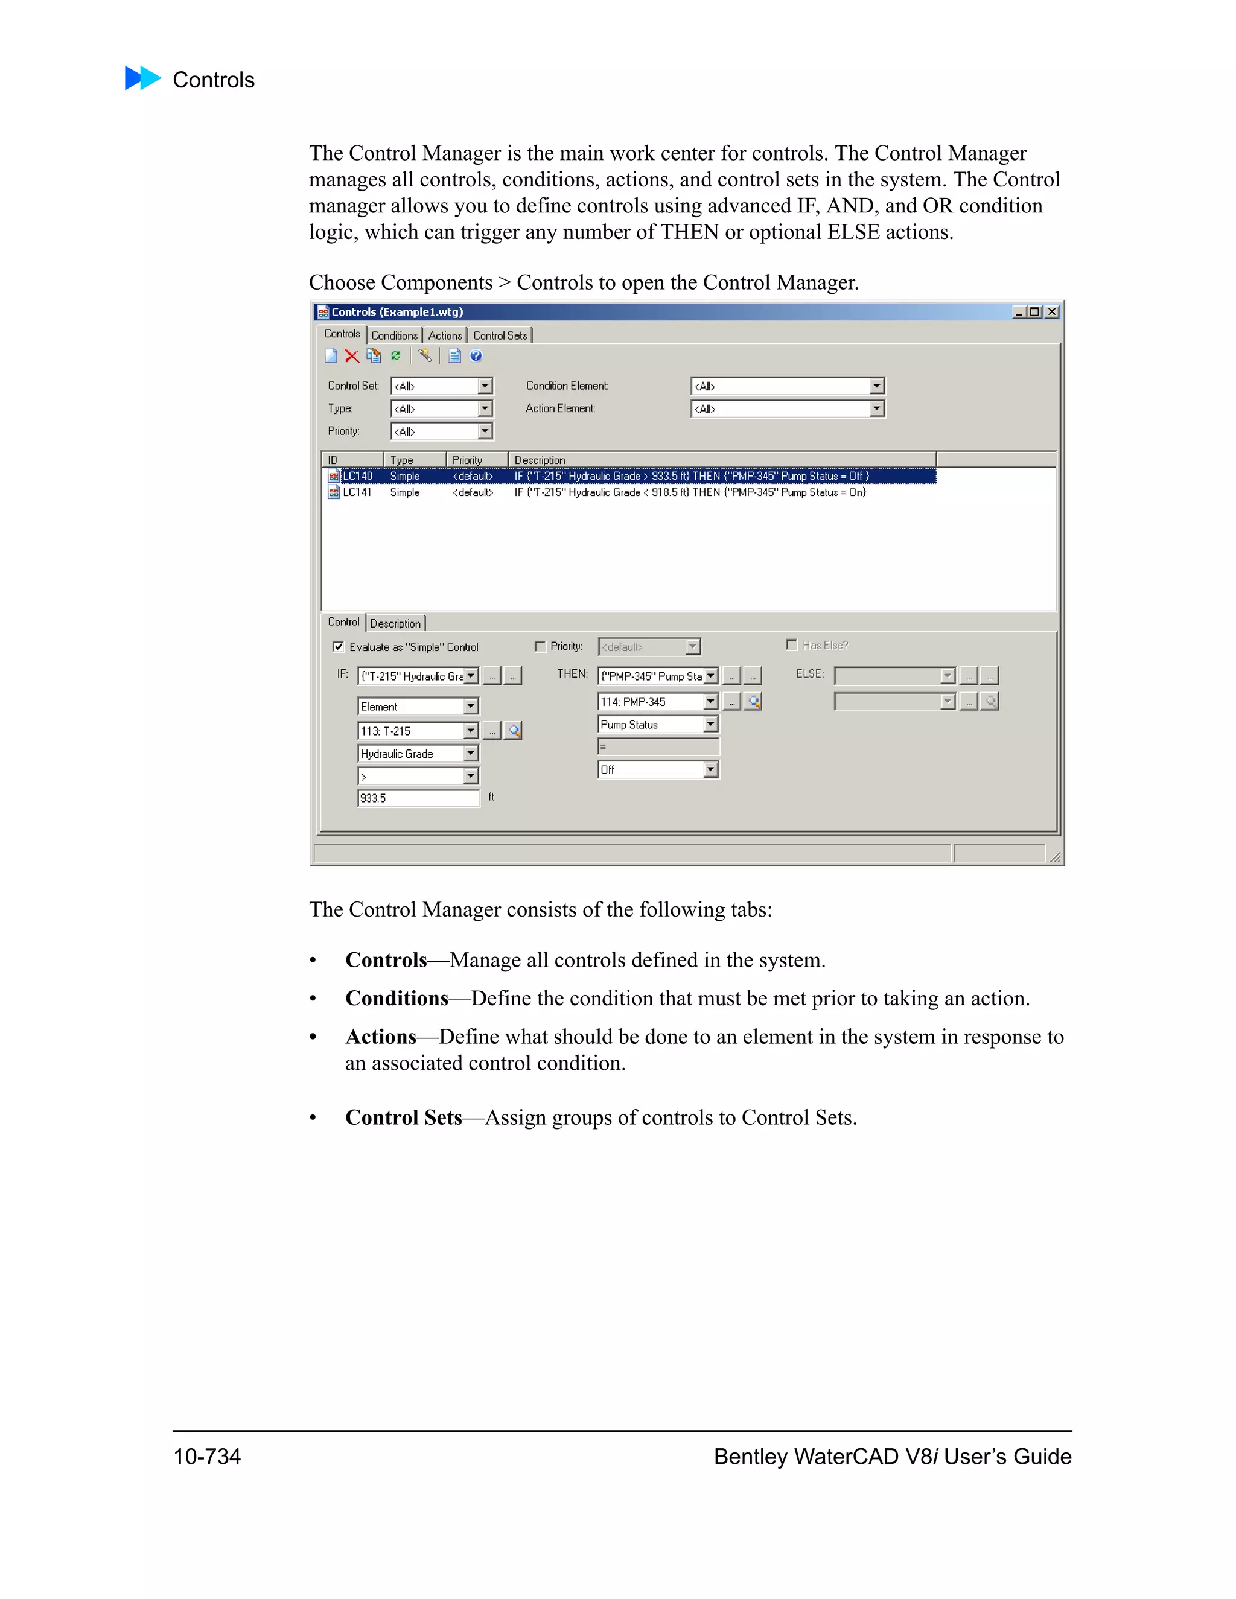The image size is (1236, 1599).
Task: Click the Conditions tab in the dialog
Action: tap(394, 335)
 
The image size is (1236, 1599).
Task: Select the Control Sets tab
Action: tap(499, 335)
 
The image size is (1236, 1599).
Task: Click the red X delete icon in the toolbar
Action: tap(351, 357)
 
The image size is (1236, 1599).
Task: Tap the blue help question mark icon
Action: tap(476, 356)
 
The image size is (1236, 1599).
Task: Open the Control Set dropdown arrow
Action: tap(485, 386)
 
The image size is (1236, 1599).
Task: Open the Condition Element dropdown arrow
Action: tap(876, 386)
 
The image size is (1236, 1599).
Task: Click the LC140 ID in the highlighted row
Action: tap(358, 477)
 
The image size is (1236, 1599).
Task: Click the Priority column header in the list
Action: tap(467, 460)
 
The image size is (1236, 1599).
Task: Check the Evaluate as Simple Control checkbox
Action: tap(339, 646)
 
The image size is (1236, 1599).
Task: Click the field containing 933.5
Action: tap(418, 798)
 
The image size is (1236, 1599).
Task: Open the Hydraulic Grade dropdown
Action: tap(418, 754)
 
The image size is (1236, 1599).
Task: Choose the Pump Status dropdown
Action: tap(658, 724)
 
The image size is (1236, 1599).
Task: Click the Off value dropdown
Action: tap(658, 769)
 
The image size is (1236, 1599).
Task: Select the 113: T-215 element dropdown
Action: tap(418, 731)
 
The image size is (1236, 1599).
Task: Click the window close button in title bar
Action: tap(1052, 312)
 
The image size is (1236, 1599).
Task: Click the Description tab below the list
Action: tap(395, 624)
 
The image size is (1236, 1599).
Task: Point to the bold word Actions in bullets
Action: tap(381, 1037)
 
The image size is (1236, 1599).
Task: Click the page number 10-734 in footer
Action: tap(207, 1456)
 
